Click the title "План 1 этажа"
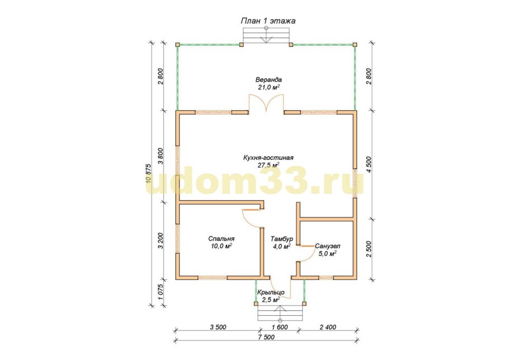click(268, 21)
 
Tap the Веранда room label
click(268, 79)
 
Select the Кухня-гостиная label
click(268, 158)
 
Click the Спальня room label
click(221, 239)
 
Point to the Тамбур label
click(282, 239)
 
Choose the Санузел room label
click(328, 246)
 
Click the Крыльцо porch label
click(271, 292)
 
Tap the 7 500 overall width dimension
click(266, 337)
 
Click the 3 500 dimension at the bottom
click(218, 327)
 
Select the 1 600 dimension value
click(280, 327)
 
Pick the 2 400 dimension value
click(328, 327)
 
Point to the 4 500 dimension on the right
click(369, 164)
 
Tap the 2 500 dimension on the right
click(369, 249)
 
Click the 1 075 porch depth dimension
click(161, 293)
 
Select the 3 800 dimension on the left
click(161, 156)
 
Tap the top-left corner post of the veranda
click(177, 44)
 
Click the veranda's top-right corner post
click(355, 44)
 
